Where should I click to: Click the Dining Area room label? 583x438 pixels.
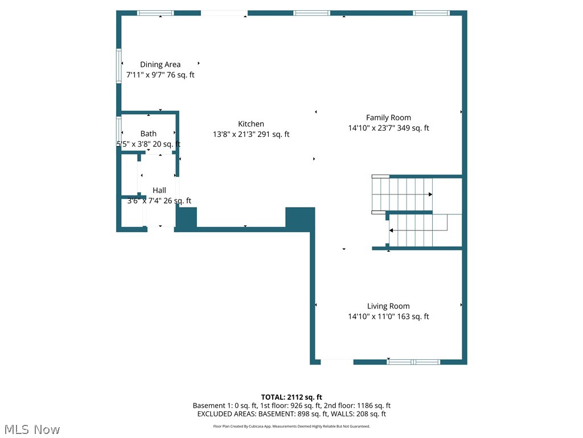click(160, 64)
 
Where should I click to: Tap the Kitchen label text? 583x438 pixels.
click(251, 124)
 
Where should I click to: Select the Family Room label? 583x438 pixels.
click(388, 117)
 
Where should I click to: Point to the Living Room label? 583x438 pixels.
click(388, 306)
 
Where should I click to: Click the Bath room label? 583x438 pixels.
click(149, 133)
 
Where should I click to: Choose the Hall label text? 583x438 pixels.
click(159, 190)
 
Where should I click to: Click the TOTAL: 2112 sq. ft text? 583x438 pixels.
click(291, 397)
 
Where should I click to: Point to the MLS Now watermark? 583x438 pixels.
click(32, 429)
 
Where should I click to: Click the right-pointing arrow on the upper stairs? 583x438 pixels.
click(430, 194)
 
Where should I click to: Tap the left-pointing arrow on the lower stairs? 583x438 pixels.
click(392, 230)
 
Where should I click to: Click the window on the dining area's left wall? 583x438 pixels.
click(119, 67)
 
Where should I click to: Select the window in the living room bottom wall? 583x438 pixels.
click(413, 362)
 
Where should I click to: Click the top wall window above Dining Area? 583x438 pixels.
click(155, 13)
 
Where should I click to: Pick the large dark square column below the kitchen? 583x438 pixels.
click(299, 219)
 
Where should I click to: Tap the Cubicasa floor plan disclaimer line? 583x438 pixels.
click(291, 426)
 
